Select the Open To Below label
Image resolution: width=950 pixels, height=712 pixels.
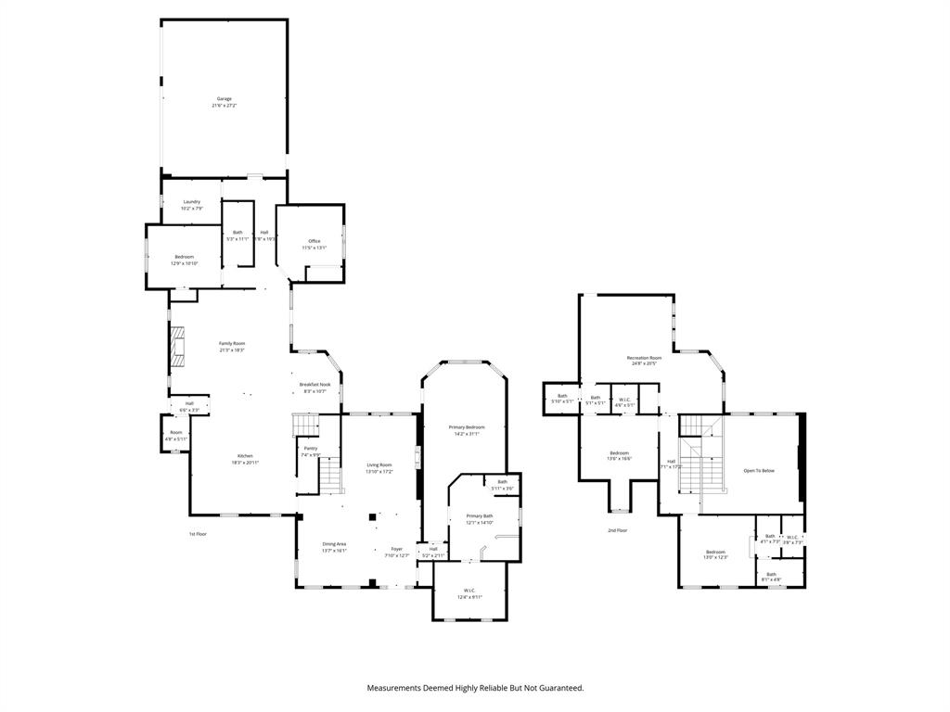(759, 471)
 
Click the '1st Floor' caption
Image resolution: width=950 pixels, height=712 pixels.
(198, 534)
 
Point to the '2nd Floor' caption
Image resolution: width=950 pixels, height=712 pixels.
(618, 530)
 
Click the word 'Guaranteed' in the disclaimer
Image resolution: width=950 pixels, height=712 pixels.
(558, 688)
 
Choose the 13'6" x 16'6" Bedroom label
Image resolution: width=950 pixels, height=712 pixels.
(620, 455)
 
